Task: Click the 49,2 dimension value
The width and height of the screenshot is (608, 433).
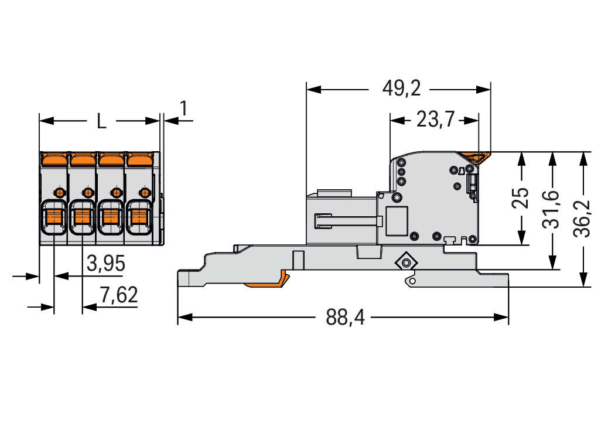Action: point(401,89)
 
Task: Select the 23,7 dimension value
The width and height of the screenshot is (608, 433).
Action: point(435,120)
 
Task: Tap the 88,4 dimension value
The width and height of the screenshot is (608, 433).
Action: point(345,318)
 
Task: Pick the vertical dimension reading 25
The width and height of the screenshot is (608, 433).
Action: point(520,198)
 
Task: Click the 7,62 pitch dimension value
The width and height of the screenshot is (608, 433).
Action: point(118,295)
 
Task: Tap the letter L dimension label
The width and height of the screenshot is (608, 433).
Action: point(101,121)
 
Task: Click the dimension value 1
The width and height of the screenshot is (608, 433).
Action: point(184,109)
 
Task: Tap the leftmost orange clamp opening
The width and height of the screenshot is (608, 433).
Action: point(54,217)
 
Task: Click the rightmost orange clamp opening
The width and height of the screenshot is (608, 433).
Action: point(139,217)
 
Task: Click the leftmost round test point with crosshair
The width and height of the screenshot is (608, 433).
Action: point(59,192)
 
